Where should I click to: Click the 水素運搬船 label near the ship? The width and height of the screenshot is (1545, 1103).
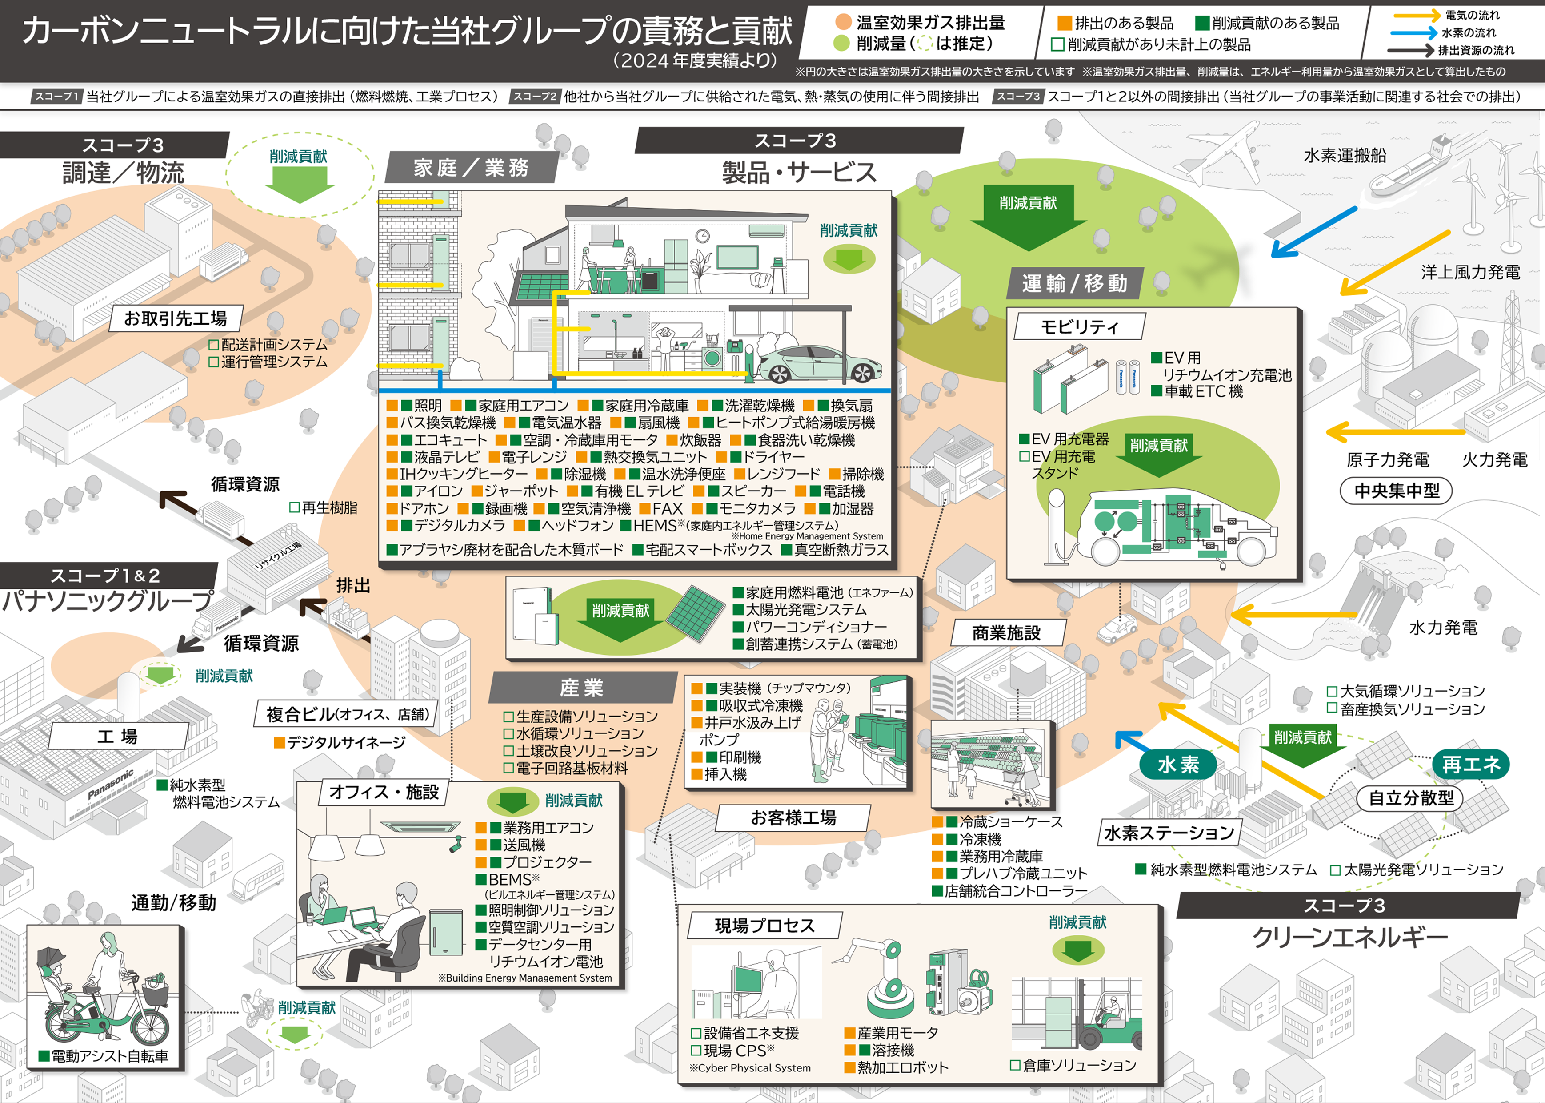[x=1345, y=156]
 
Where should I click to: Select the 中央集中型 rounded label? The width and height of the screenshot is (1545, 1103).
[x=1397, y=491]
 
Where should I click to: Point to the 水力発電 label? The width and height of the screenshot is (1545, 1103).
[x=1443, y=628]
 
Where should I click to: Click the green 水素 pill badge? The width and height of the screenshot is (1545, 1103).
[x=1178, y=765]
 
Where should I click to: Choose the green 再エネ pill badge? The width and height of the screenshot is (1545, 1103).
[x=1471, y=765]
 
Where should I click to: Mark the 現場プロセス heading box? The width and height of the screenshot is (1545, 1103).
[x=764, y=926]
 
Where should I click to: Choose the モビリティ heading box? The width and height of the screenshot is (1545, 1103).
[x=1079, y=327]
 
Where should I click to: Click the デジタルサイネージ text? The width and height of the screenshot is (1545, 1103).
[x=345, y=742]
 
